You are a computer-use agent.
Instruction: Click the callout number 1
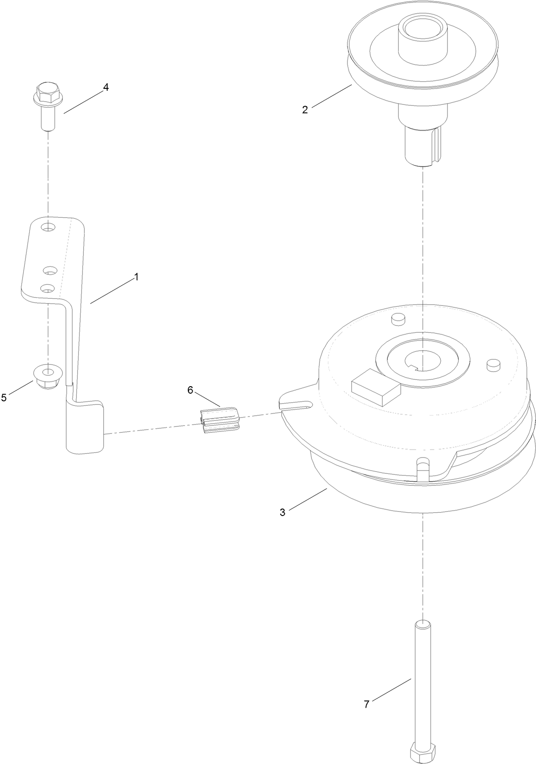tap(136, 277)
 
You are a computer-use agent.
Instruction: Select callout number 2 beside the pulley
tap(305, 110)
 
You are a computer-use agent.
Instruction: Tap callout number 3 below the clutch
tap(282, 512)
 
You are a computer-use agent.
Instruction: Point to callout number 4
tap(106, 87)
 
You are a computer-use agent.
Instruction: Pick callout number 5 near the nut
tap(4, 397)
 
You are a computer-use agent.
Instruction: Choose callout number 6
tap(190, 390)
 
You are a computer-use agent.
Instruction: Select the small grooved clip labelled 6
tap(219, 420)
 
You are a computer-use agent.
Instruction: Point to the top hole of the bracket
tap(47, 228)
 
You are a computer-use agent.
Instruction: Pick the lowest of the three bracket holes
tap(47, 289)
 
